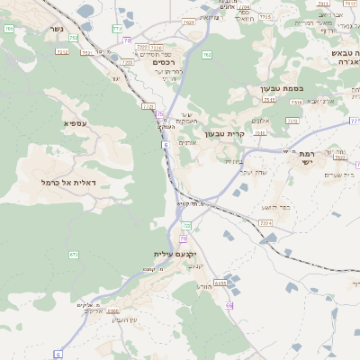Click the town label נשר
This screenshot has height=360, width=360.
coord(56,29)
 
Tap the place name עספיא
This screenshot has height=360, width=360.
coord(75,122)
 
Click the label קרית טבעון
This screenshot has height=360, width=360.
coord(224,134)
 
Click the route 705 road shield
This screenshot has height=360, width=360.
coord(265,17)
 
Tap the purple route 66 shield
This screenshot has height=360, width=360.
coord(229,307)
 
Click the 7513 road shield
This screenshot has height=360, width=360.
coord(295,103)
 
